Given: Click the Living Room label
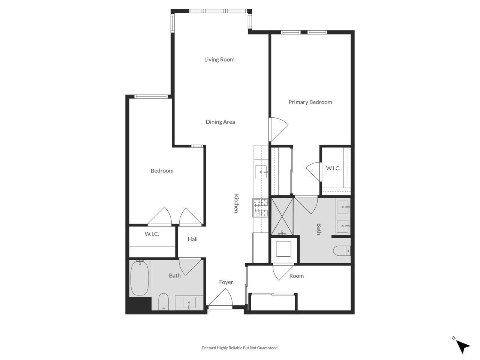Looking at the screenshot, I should tap(219, 59).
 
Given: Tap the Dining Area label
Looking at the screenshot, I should tap(220, 122).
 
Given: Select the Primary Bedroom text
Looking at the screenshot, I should tap(310, 102).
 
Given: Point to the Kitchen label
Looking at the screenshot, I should tap(236, 203).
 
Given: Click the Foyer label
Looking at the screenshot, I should tap(226, 282).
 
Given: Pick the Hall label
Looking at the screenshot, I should tap(192, 239).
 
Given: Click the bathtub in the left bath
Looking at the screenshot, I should tap(139, 278).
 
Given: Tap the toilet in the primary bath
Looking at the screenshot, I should tap(341, 250).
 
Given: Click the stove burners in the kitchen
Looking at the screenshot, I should tap(261, 208).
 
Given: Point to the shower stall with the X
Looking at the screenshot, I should tap(282, 216).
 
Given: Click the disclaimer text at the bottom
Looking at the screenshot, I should tap(240, 348).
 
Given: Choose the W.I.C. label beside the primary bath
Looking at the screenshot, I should tap(333, 168).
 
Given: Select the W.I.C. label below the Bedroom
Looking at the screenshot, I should tap(152, 234).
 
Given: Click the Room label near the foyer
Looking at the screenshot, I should tap(296, 276).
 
